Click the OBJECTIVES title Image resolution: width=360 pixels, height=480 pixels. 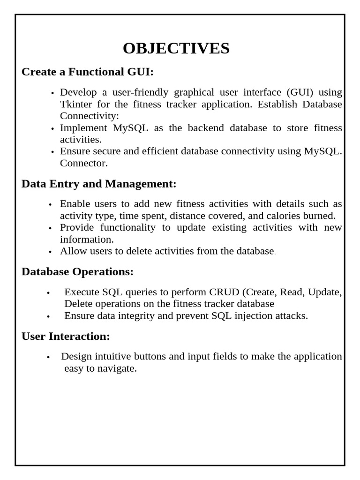(176, 48)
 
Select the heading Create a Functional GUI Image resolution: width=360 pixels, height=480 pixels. (88, 72)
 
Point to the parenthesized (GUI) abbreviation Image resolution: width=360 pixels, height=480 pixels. (294, 92)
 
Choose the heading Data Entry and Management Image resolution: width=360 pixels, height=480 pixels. (99, 184)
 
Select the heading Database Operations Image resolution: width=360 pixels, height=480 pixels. (78, 272)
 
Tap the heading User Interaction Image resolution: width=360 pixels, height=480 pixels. (66, 336)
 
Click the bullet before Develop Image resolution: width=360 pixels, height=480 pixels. (52, 93)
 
